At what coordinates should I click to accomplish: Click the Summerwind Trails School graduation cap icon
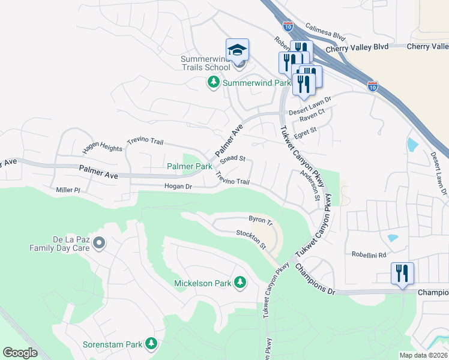(x=237, y=49)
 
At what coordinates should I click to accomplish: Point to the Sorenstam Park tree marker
(x=151, y=344)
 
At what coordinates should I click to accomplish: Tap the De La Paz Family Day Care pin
(x=100, y=243)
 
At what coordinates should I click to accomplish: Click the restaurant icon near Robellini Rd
(x=402, y=274)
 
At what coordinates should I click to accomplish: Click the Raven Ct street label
(x=313, y=112)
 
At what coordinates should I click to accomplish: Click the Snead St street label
(x=233, y=159)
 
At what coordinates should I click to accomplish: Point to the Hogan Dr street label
(x=178, y=187)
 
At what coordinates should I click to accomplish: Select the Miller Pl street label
(x=68, y=190)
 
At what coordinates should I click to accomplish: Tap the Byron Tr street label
(x=261, y=220)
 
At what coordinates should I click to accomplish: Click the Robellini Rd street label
(x=369, y=254)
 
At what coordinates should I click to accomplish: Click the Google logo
(x=20, y=353)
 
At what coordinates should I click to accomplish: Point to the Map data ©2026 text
(x=423, y=355)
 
